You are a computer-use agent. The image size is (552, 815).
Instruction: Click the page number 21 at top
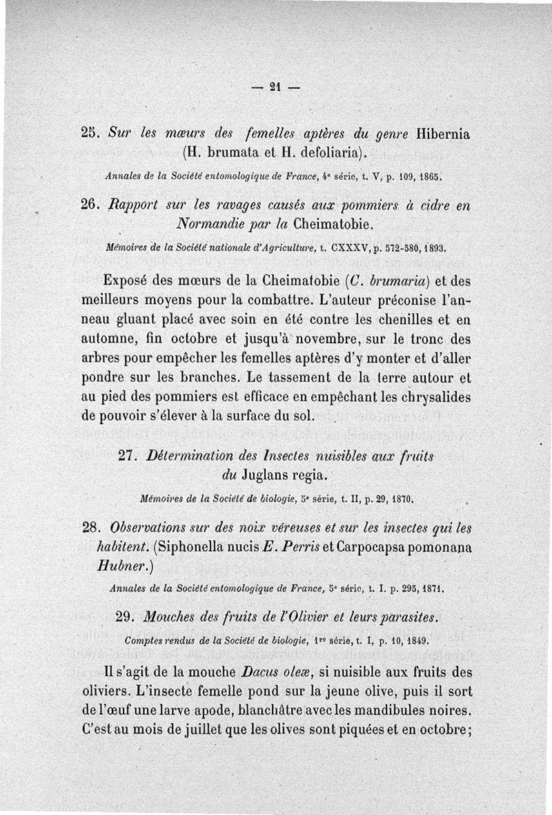coord(275,87)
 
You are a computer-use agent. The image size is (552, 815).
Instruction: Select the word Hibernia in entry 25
coord(442,133)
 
